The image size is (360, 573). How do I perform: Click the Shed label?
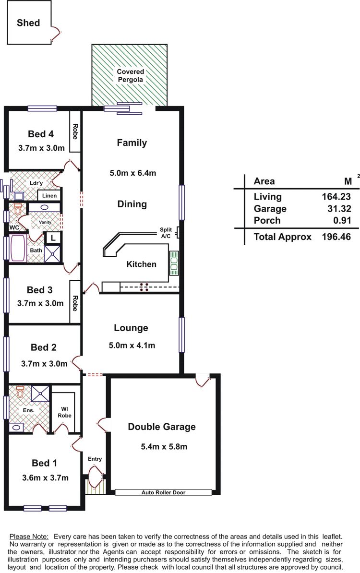(28, 23)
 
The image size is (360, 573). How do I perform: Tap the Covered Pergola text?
(131, 76)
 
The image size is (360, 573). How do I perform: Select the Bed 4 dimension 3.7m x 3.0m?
(41, 148)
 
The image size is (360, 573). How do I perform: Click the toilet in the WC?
(18, 209)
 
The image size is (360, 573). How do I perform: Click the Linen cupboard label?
(49, 195)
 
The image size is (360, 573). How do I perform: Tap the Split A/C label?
(166, 233)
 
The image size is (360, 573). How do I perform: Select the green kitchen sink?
(174, 263)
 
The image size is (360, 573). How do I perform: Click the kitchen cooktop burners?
(144, 287)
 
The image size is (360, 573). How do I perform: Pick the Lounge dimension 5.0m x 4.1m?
(132, 346)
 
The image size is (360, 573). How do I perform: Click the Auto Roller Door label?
(163, 492)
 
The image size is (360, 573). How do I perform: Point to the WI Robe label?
(64, 412)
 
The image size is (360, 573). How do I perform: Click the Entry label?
(95, 459)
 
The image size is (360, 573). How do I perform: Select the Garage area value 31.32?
(339, 209)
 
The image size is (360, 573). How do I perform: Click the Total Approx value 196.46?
(336, 237)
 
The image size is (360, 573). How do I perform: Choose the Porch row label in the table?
(267, 220)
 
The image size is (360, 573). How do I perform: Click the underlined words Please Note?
(29, 537)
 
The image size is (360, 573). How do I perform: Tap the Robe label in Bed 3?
(75, 303)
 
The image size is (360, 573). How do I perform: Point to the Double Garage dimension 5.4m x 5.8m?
(164, 447)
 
